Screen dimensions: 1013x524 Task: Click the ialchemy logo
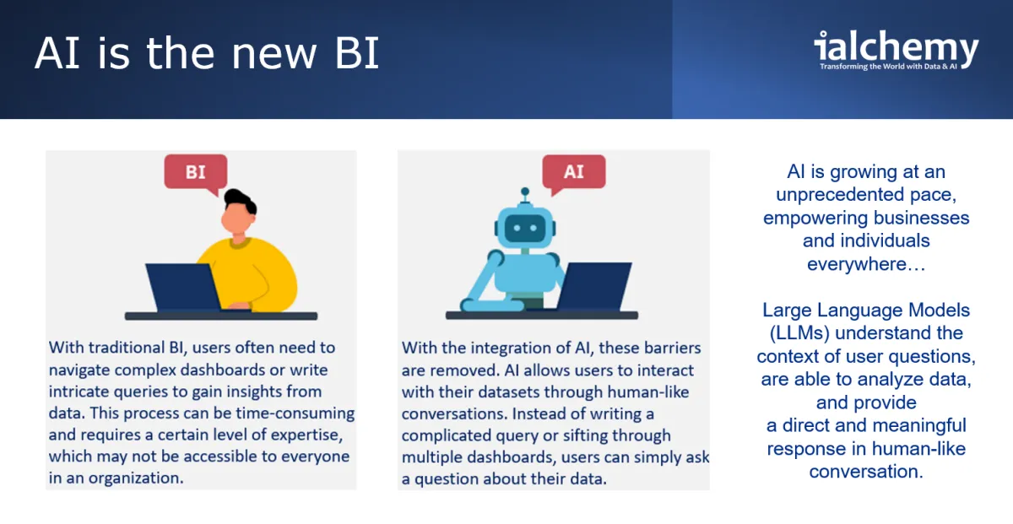click(896, 50)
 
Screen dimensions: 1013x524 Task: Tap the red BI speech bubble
click(196, 172)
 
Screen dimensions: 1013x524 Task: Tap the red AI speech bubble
click(574, 172)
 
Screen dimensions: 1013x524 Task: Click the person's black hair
click(240, 200)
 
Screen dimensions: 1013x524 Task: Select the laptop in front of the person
click(183, 287)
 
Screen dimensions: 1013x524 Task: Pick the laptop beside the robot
click(593, 286)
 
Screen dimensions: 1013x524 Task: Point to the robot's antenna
click(525, 196)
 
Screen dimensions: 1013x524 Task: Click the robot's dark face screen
click(525, 228)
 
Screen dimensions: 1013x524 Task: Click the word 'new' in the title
click(274, 53)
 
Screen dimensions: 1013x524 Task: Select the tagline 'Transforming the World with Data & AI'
click(888, 67)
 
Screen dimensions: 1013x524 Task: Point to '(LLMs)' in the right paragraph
click(799, 333)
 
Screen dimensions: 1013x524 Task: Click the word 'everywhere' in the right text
click(857, 264)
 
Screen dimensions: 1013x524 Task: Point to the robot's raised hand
click(496, 257)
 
